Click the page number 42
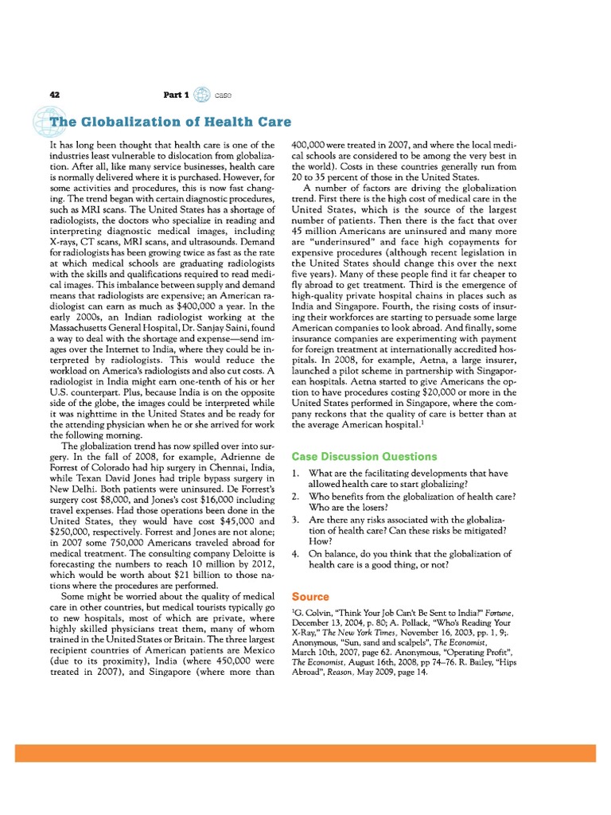tap(55, 95)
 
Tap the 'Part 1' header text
tap(176, 95)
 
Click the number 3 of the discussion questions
tap(295, 520)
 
